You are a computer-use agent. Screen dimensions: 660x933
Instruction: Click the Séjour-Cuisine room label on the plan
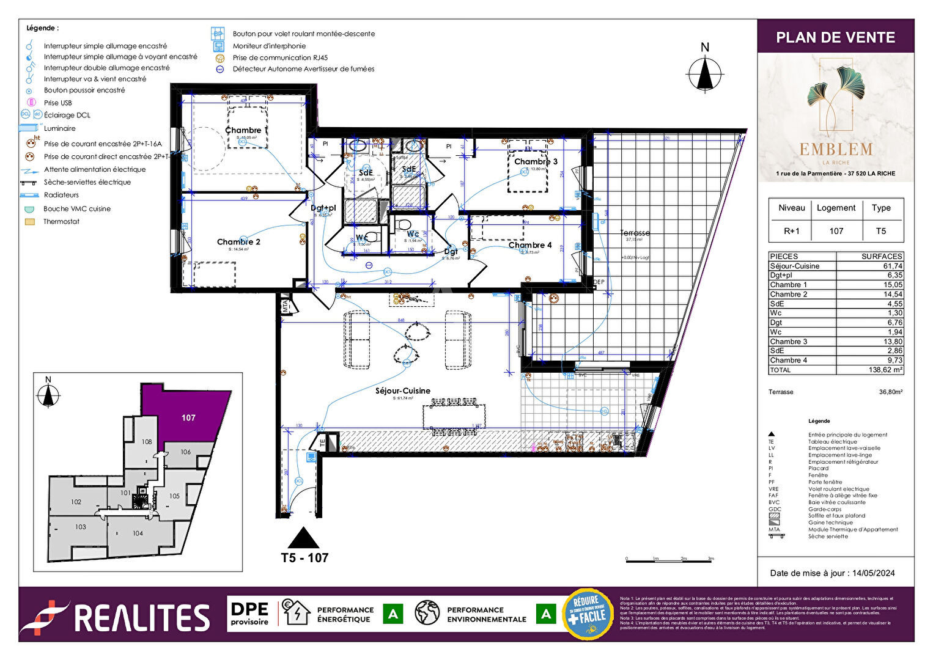pos(402,391)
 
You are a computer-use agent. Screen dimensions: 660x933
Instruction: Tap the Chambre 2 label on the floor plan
pos(238,242)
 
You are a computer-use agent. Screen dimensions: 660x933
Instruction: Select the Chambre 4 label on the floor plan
pos(529,245)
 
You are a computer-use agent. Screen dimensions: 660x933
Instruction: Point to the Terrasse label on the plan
pos(635,233)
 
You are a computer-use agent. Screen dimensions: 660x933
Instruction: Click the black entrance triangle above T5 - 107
pos(303,538)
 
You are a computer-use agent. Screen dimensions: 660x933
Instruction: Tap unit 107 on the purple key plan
pos(188,418)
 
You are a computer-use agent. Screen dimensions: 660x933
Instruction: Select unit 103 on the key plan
pos(81,527)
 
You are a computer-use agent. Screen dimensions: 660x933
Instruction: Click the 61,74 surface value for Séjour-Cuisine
pos(892,266)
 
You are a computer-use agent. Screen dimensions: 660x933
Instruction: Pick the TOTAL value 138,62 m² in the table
pos(885,370)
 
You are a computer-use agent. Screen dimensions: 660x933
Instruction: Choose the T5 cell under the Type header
pos(880,231)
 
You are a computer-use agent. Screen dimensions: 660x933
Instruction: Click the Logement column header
pos(836,208)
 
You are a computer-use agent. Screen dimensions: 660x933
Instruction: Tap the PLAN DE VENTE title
pos(835,37)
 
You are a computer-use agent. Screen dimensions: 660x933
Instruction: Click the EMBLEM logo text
pos(836,149)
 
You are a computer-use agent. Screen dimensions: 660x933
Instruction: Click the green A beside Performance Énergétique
pos(393,614)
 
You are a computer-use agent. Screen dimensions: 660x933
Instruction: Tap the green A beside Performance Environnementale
pos(545,614)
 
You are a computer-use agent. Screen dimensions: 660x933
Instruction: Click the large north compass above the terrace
pos(705,74)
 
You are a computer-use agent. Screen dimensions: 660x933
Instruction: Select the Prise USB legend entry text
pos(57,103)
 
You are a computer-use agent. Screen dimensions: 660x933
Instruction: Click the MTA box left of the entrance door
pos(285,306)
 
